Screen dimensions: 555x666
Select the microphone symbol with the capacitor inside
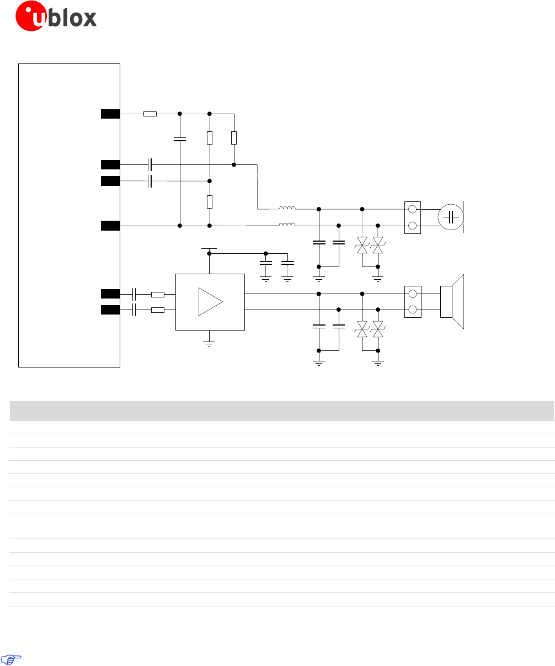pyautogui.click(x=451, y=217)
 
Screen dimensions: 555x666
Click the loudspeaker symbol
pyautogui.click(x=452, y=302)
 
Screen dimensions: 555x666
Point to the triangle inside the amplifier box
pyautogui.click(x=210, y=302)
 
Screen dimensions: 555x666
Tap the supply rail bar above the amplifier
pyautogui.click(x=209, y=249)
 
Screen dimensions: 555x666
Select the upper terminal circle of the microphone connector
pyautogui.click(x=413, y=210)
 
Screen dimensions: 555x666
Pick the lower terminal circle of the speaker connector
pyautogui.click(x=413, y=310)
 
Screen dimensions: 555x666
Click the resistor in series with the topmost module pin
pyautogui.click(x=150, y=114)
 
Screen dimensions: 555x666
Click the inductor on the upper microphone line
pyautogui.click(x=287, y=209)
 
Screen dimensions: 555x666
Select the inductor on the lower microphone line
pyautogui.click(x=287, y=225)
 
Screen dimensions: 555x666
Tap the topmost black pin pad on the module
pyautogui.click(x=110, y=114)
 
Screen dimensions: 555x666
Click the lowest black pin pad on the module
pyautogui.click(x=110, y=310)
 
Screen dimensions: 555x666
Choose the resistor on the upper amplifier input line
pyautogui.click(x=158, y=294)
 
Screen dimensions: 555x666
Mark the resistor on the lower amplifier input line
pyautogui.click(x=158, y=310)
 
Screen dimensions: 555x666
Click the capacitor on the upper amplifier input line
pyautogui.click(x=135, y=294)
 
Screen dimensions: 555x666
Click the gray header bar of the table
pyautogui.click(x=282, y=411)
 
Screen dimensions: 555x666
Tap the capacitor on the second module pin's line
pyautogui.click(x=150, y=164)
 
